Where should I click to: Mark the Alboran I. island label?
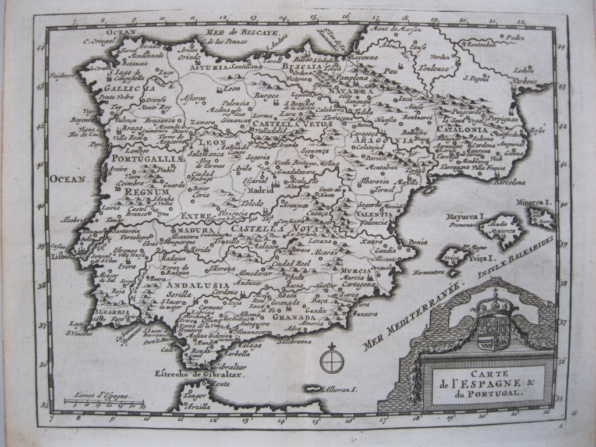coord(337,389)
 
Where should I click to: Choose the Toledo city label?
coord(253,204)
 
